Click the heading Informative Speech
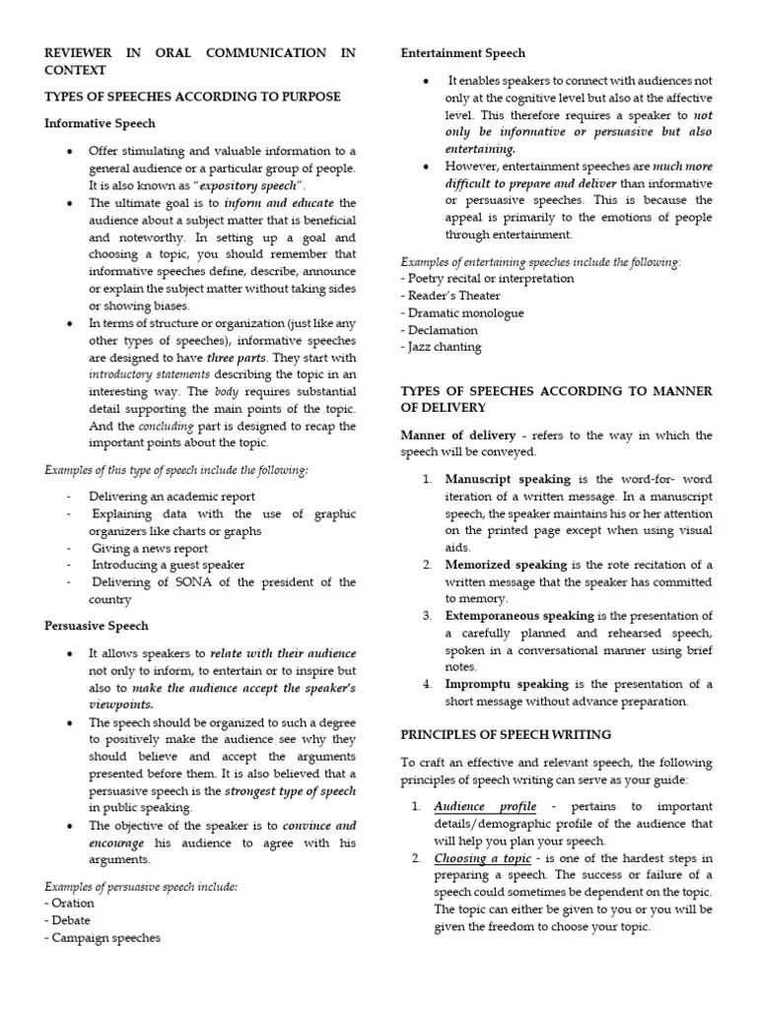click(100, 123)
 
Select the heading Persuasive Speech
click(97, 625)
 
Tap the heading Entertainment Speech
click(462, 53)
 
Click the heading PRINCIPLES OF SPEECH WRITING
click(506, 735)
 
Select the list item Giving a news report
click(150, 548)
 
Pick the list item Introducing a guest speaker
click(169, 565)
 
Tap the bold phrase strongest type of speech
click(290, 789)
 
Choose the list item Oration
click(72, 903)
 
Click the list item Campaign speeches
click(102, 938)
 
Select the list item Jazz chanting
click(444, 347)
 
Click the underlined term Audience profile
click(486, 806)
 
